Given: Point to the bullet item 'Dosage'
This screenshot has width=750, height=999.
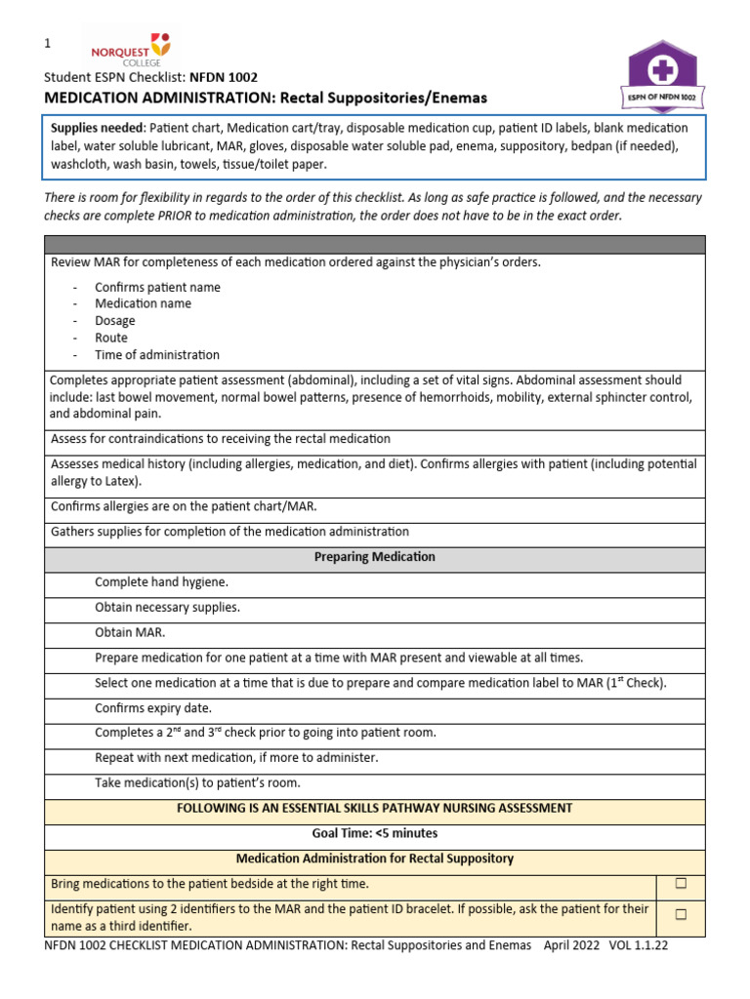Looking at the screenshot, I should (x=114, y=321).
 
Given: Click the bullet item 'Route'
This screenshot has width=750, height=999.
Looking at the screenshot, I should (x=110, y=338).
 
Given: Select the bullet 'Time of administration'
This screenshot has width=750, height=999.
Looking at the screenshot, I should (x=156, y=355).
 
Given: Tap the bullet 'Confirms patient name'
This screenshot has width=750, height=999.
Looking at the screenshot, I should (x=156, y=287).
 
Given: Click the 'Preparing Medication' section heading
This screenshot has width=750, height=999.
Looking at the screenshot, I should (x=374, y=557).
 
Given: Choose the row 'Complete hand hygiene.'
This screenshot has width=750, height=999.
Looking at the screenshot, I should (x=161, y=582).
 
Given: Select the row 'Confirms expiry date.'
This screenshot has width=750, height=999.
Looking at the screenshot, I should (x=152, y=708).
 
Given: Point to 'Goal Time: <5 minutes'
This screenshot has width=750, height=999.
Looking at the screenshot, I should (x=374, y=833).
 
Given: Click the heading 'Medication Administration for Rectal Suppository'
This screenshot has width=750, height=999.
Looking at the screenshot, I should (x=374, y=859).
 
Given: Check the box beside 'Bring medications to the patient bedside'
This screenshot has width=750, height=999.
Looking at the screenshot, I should (x=681, y=884).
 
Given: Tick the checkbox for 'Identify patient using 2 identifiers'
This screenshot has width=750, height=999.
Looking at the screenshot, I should (x=681, y=915).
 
